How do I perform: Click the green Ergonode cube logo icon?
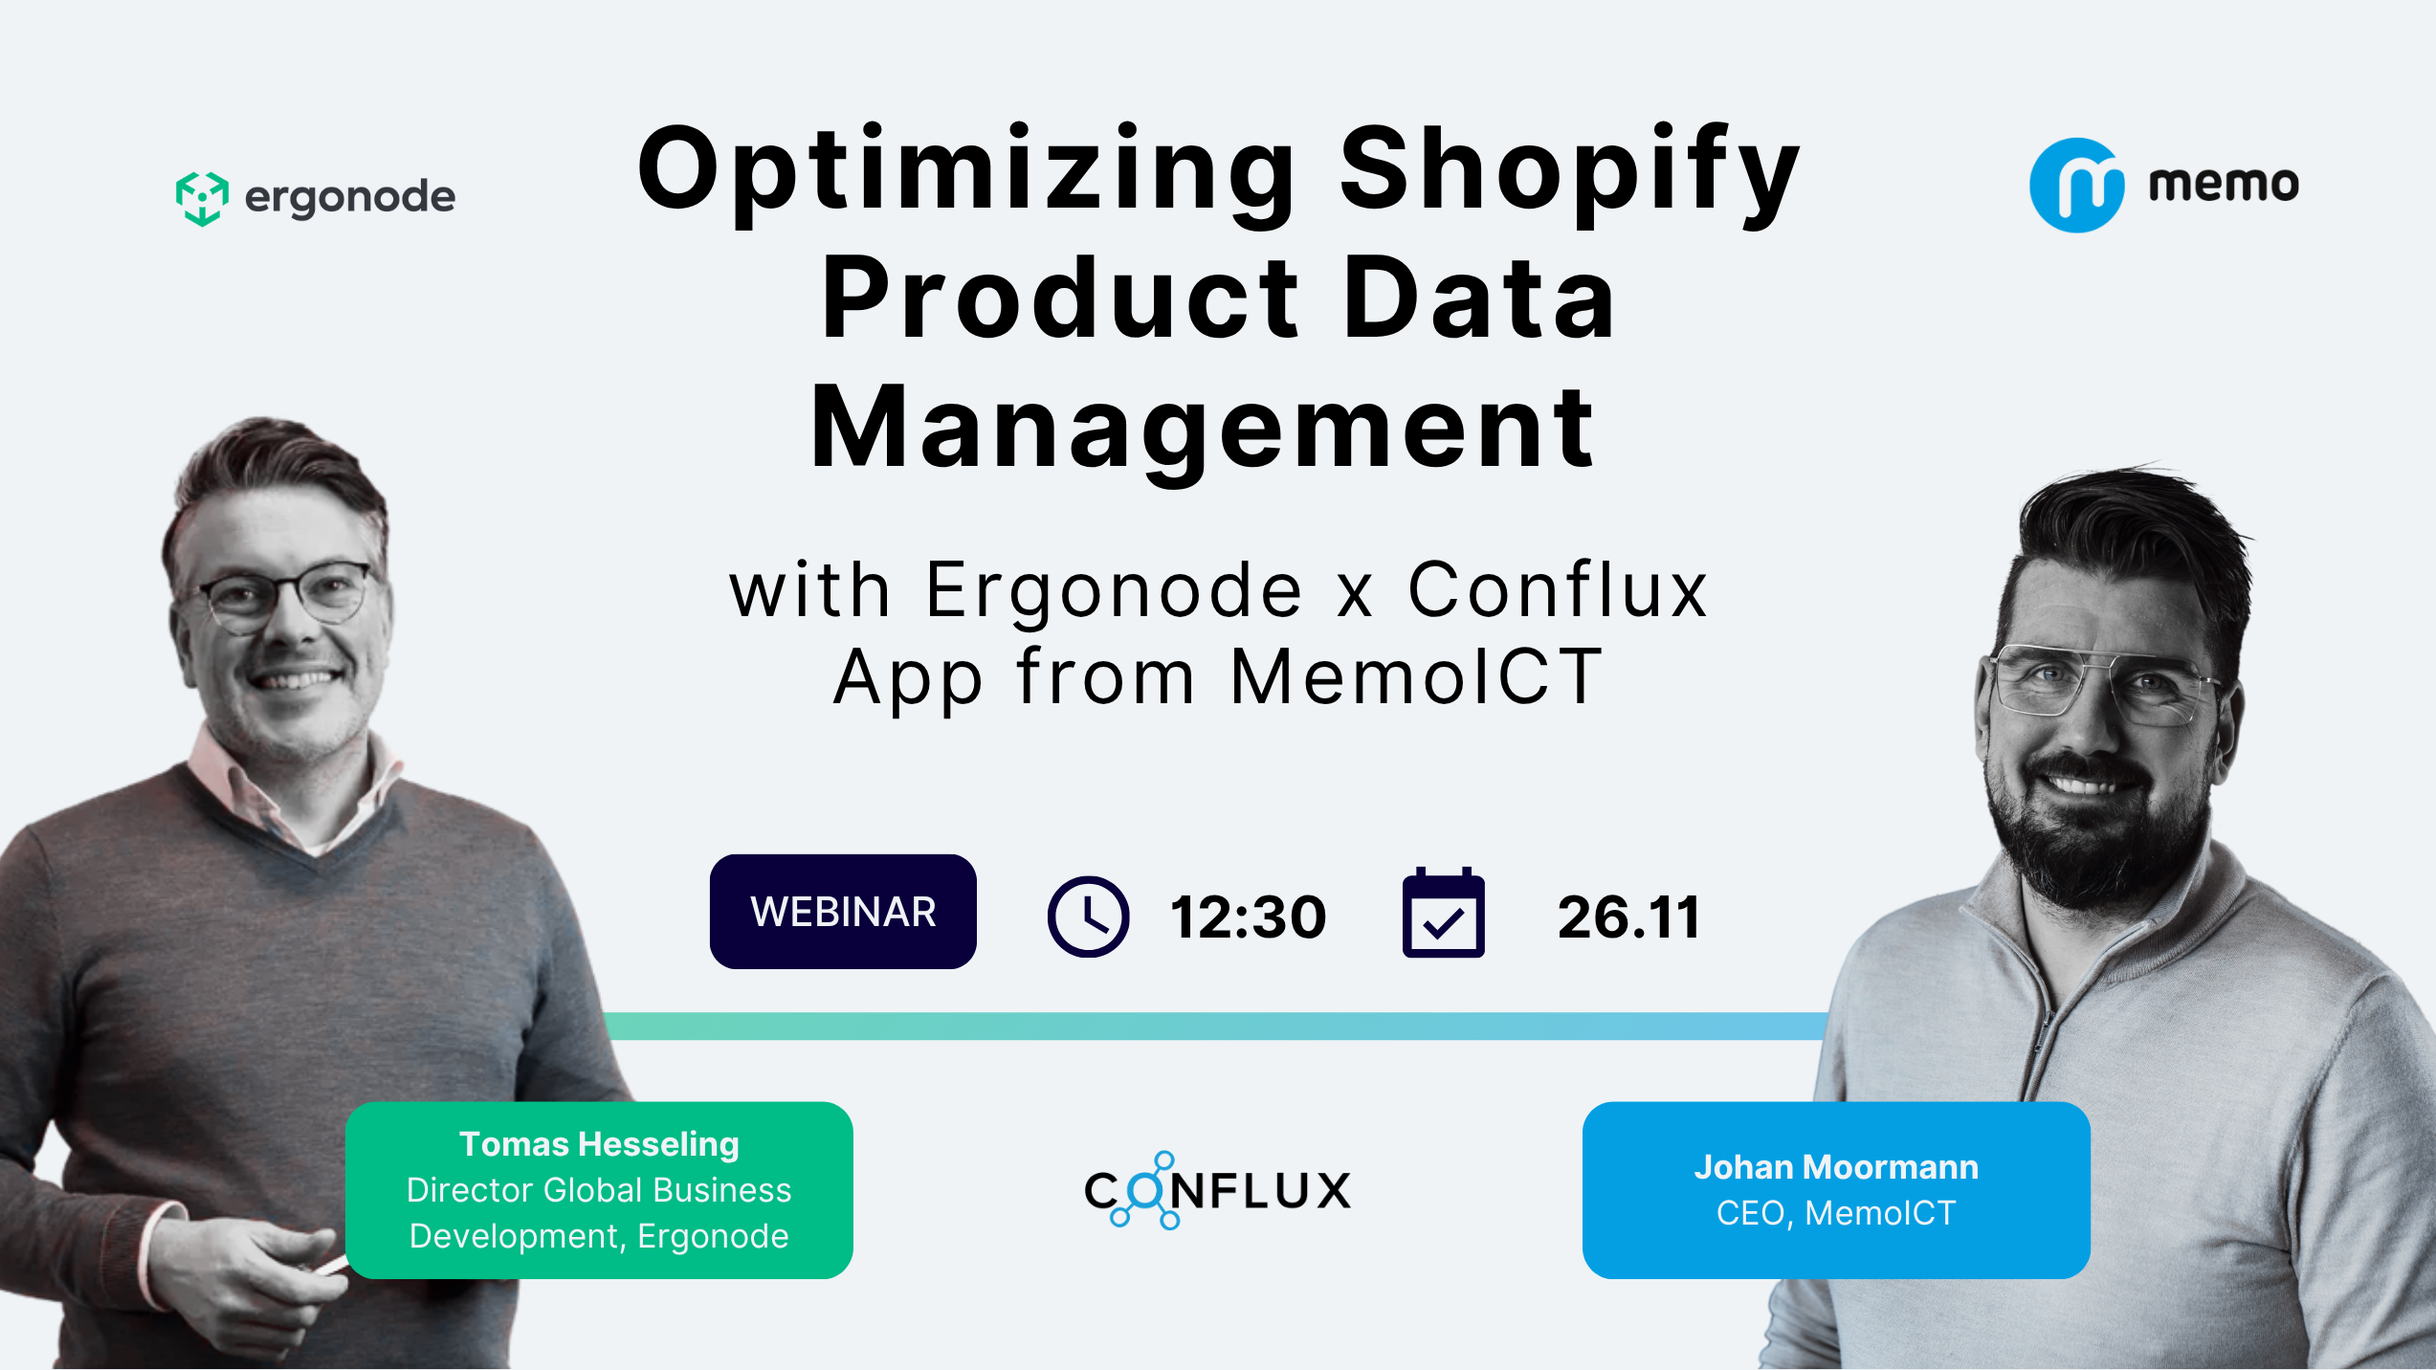point(202,198)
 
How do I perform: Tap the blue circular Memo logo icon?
point(2076,186)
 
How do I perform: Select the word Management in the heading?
point(1202,429)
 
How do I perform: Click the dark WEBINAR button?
point(843,912)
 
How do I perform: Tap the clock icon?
point(1088,917)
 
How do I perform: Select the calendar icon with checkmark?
point(1443,914)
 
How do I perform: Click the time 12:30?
point(1249,917)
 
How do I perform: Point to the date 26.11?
point(1628,917)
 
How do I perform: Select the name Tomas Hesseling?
point(599,1144)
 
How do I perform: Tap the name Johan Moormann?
point(1836,1167)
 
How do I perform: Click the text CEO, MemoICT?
point(1836,1213)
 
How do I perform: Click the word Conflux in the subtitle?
point(1558,590)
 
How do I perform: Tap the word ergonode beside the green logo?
point(350,198)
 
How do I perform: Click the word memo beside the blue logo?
point(2224,184)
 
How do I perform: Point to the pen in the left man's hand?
point(330,1266)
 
